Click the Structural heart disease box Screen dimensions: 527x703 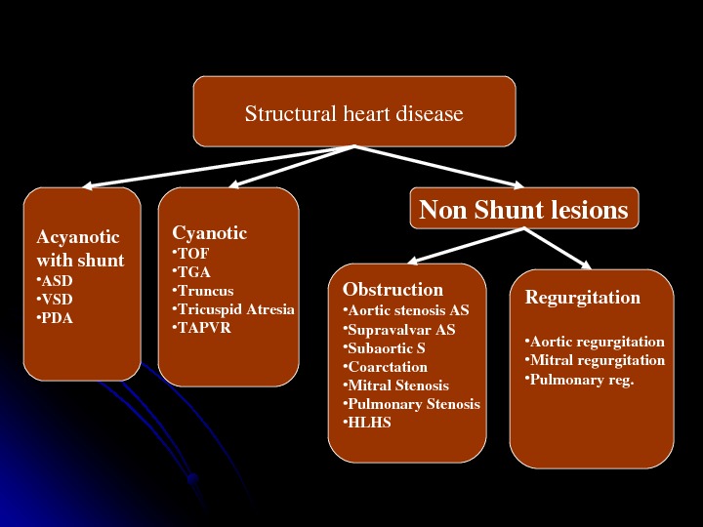[353, 113]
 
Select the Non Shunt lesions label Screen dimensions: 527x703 [522, 210]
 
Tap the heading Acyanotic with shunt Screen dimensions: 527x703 [80, 249]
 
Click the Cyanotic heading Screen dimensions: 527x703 [210, 233]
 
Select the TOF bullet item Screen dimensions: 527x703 [190, 254]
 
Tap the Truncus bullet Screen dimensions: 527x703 [202, 291]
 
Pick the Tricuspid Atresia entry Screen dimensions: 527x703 [233, 309]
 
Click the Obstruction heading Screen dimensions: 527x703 [393, 290]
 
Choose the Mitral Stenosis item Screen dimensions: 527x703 [395, 385]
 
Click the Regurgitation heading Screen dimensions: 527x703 [583, 298]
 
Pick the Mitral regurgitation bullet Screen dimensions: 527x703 [595, 360]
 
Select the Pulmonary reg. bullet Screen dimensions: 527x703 [579, 379]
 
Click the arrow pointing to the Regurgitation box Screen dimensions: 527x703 [560, 247]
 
